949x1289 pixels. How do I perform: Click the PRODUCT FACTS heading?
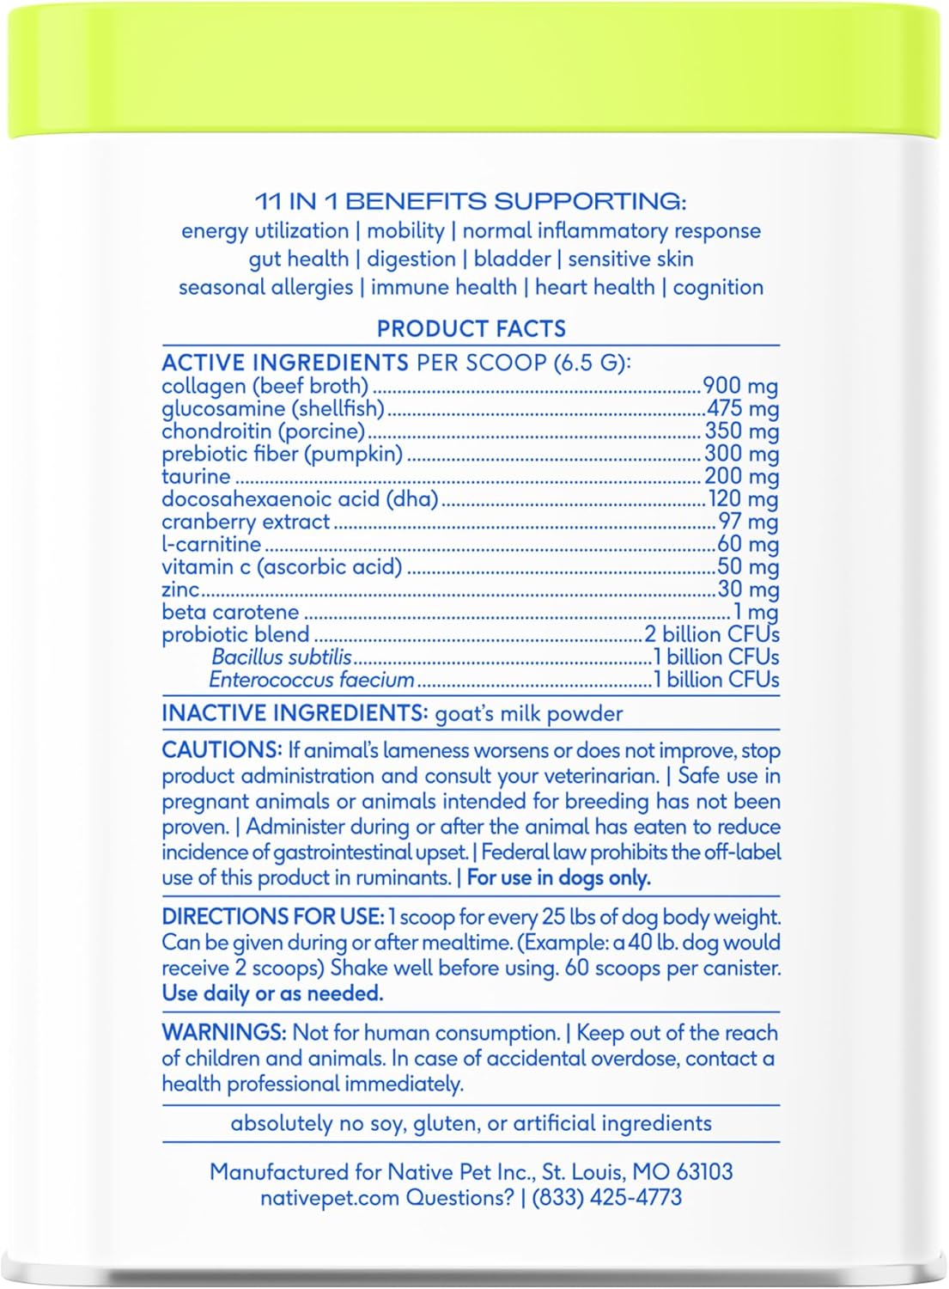pos(471,329)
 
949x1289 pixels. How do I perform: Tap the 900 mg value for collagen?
pos(740,386)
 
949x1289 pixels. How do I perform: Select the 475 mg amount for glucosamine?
pos(742,408)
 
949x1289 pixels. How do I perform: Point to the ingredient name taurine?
pos(196,477)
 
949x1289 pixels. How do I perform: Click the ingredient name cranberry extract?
pos(246,522)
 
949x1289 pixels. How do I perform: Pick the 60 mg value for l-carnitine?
pos(747,544)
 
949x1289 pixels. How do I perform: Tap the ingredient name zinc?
pos(180,590)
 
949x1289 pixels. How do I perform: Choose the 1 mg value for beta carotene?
pos(756,612)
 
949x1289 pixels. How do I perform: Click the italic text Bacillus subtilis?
pos(282,657)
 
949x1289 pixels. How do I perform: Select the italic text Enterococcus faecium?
pos(312,680)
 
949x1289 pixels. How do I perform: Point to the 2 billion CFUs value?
pos(712,635)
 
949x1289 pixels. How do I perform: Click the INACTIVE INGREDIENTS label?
pos(295,714)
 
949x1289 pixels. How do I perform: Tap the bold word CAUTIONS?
pos(222,750)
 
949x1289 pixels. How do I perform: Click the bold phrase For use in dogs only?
pos(559,878)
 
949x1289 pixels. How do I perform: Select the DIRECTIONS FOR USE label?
pos(272,917)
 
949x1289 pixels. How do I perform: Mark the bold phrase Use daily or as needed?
pos(272,993)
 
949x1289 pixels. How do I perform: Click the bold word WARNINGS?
pos(224,1033)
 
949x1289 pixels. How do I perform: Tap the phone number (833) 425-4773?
pos(607,1197)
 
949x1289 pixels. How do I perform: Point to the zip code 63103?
pos(704,1172)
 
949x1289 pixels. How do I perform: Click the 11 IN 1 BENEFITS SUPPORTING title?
pos(471,202)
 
